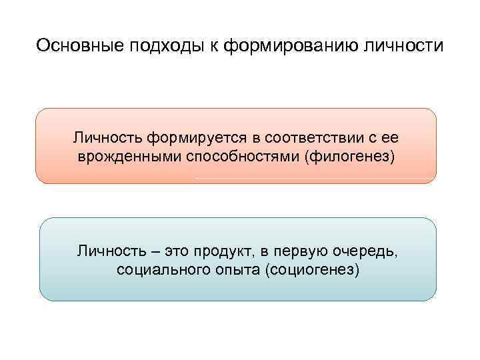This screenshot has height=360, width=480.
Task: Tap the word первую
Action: click(305, 251)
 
